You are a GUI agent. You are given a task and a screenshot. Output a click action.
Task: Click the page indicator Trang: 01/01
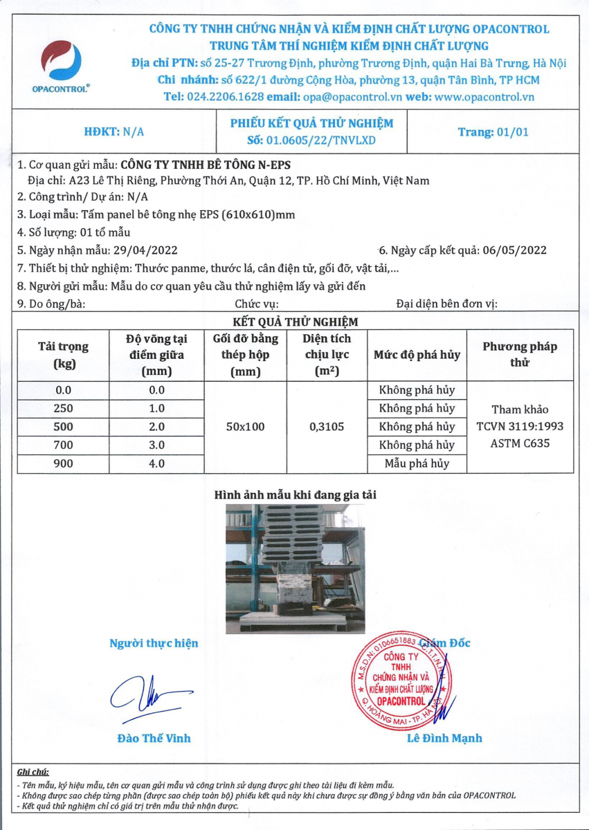[493, 132]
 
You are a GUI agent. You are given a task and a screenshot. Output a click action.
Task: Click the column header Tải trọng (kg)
[62, 355]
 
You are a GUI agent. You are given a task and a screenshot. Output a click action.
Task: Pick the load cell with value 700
[62, 445]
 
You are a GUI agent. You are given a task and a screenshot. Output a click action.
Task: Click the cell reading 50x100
[245, 427]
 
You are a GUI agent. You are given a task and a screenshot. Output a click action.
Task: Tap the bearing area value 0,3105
[326, 427]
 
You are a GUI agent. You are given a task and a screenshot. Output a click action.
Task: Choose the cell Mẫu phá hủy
[417, 464]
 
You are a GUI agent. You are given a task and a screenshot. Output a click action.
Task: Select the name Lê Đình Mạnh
[445, 738]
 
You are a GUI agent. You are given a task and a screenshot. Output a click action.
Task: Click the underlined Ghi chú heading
[33, 771]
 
